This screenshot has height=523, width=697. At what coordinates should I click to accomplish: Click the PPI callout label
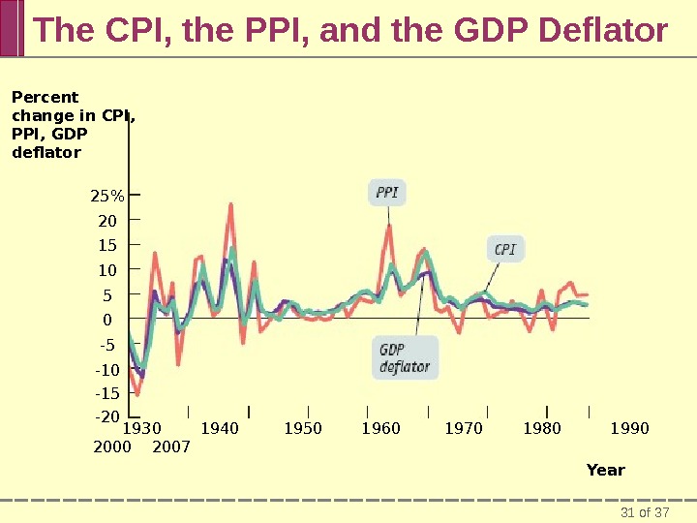[x=387, y=193]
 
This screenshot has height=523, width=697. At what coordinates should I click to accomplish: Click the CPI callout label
[x=505, y=249]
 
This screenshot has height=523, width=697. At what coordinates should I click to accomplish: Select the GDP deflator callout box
[x=405, y=357]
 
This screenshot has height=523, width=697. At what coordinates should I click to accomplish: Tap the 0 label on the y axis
[x=107, y=320]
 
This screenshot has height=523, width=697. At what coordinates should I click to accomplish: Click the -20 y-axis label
[x=106, y=416]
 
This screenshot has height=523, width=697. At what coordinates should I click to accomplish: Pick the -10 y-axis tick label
[x=106, y=370]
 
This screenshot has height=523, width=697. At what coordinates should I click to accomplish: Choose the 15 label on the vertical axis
[x=106, y=245]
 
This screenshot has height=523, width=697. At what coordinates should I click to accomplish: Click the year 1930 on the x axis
[x=143, y=428]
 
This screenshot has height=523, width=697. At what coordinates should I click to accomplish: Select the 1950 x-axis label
[x=303, y=428]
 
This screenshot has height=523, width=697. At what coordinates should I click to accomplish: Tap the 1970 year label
[x=463, y=428]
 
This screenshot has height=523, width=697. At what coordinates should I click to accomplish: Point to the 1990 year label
[x=630, y=428]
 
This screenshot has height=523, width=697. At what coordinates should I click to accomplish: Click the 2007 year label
[x=171, y=447]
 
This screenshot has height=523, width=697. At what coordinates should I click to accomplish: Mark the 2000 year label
[x=111, y=447]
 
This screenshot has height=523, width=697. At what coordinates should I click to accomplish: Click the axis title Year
[x=606, y=470]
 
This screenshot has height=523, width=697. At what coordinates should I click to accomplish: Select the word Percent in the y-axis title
[x=45, y=97]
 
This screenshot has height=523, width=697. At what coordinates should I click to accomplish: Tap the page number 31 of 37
[x=645, y=511]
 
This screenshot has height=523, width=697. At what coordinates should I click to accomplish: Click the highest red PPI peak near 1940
[x=230, y=205]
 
